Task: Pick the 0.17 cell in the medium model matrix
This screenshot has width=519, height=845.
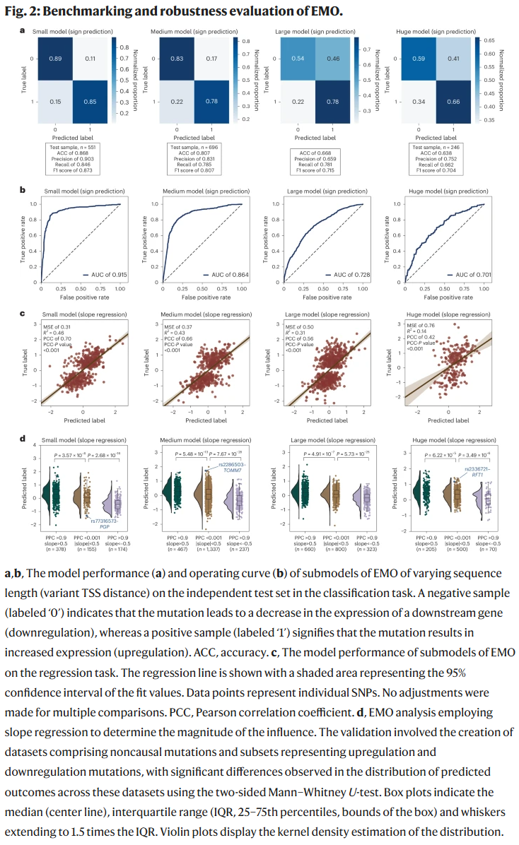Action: point(212,58)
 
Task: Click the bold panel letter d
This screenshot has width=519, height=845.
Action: point(23,438)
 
